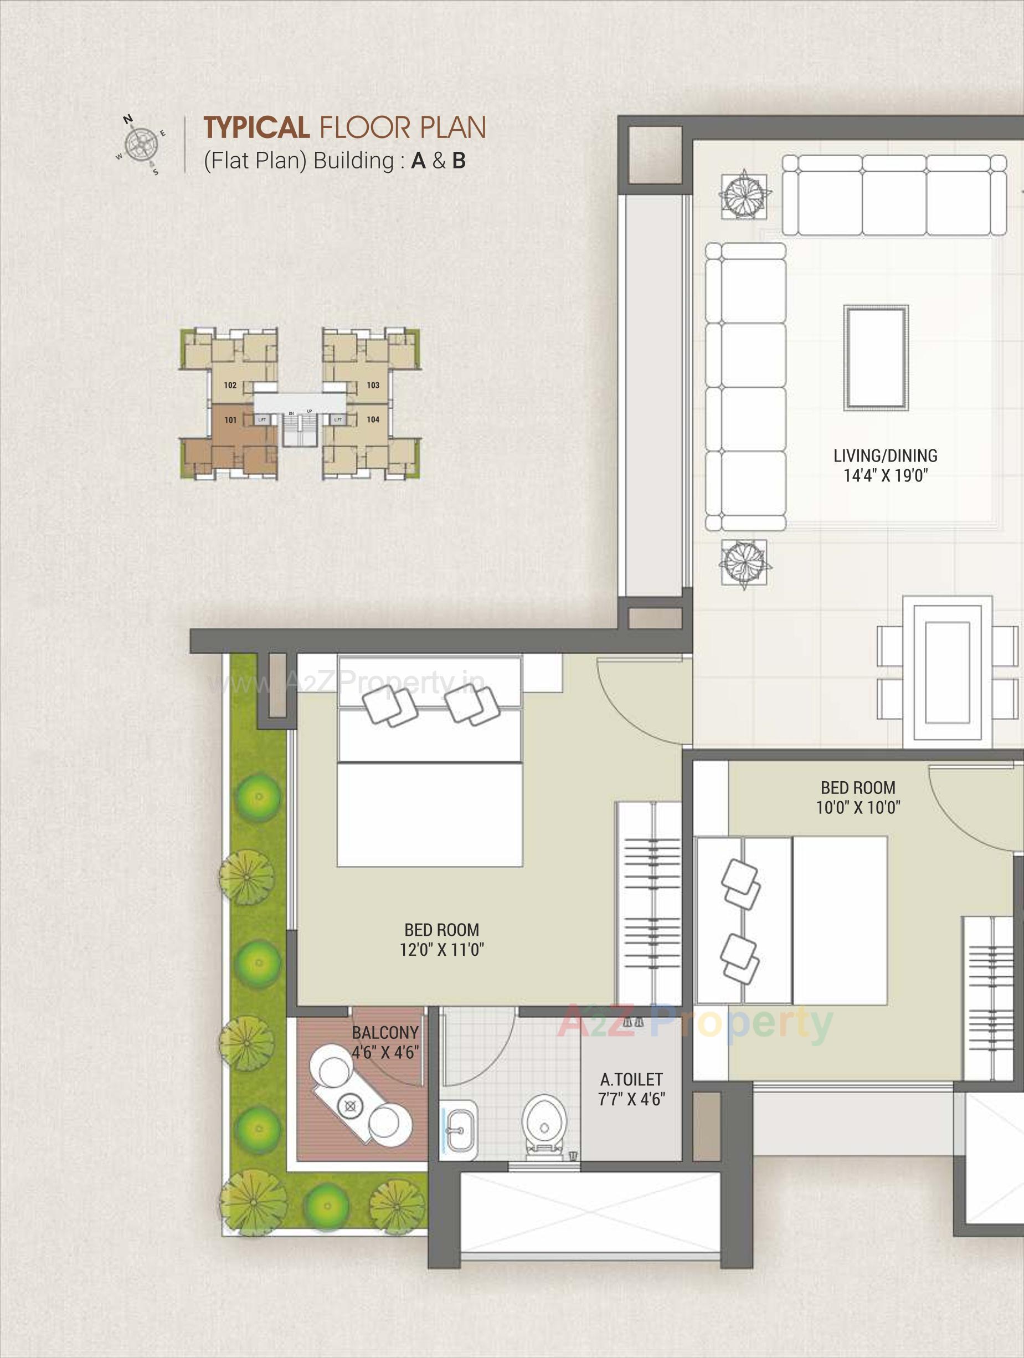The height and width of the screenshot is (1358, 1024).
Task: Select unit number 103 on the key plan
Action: coord(373,386)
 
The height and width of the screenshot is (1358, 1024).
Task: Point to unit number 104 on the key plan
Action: coord(373,420)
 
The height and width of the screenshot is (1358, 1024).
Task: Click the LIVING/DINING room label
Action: coord(885,455)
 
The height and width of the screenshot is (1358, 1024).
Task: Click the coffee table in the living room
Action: coord(876,357)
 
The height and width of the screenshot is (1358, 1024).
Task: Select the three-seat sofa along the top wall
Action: coord(894,194)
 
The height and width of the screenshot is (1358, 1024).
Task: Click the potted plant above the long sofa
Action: coord(744,194)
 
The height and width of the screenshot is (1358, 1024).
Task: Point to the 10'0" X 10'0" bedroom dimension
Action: coord(858,807)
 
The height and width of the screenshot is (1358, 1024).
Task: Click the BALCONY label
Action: coord(385,1033)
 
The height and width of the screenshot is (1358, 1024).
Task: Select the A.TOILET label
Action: coord(631,1079)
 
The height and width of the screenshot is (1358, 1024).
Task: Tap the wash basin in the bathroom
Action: coord(459,1126)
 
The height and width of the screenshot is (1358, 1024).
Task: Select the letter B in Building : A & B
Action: coord(459,161)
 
